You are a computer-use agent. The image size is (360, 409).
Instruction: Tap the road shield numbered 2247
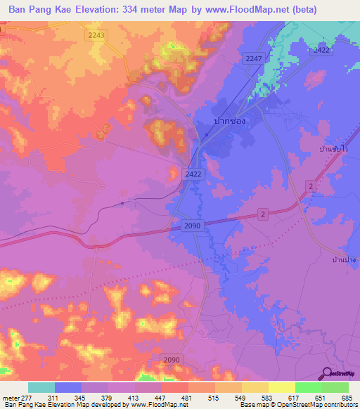254,58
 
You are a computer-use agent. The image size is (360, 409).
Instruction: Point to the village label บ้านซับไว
334,150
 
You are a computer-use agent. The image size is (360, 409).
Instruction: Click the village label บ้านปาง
345,260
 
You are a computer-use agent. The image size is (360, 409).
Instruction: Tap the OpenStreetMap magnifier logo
328,373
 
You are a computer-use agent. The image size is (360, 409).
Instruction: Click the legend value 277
27,398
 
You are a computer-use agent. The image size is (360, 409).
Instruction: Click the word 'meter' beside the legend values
10,398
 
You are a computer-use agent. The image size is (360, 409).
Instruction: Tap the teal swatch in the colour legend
41,387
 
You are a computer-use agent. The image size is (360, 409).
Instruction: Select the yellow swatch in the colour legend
282,387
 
